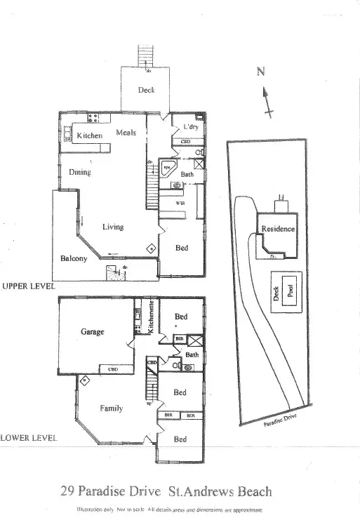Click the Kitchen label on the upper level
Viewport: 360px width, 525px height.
click(x=90, y=135)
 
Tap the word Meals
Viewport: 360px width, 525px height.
click(x=126, y=133)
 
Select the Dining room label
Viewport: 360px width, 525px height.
click(x=79, y=172)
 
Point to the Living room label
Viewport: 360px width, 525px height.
click(x=113, y=227)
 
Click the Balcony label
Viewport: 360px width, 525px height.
click(x=74, y=259)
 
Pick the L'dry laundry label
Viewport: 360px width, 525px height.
click(x=190, y=127)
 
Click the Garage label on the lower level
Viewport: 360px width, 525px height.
click(x=93, y=331)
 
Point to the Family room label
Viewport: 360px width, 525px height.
click(x=112, y=408)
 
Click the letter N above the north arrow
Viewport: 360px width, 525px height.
click(x=261, y=71)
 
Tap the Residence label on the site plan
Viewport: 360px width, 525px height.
click(x=278, y=229)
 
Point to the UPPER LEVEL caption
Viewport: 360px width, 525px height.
click(x=27, y=286)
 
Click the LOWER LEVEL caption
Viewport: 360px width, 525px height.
click(x=28, y=437)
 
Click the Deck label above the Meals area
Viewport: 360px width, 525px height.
click(x=145, y=90)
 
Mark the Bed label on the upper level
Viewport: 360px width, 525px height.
click(x=181, y=248)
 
